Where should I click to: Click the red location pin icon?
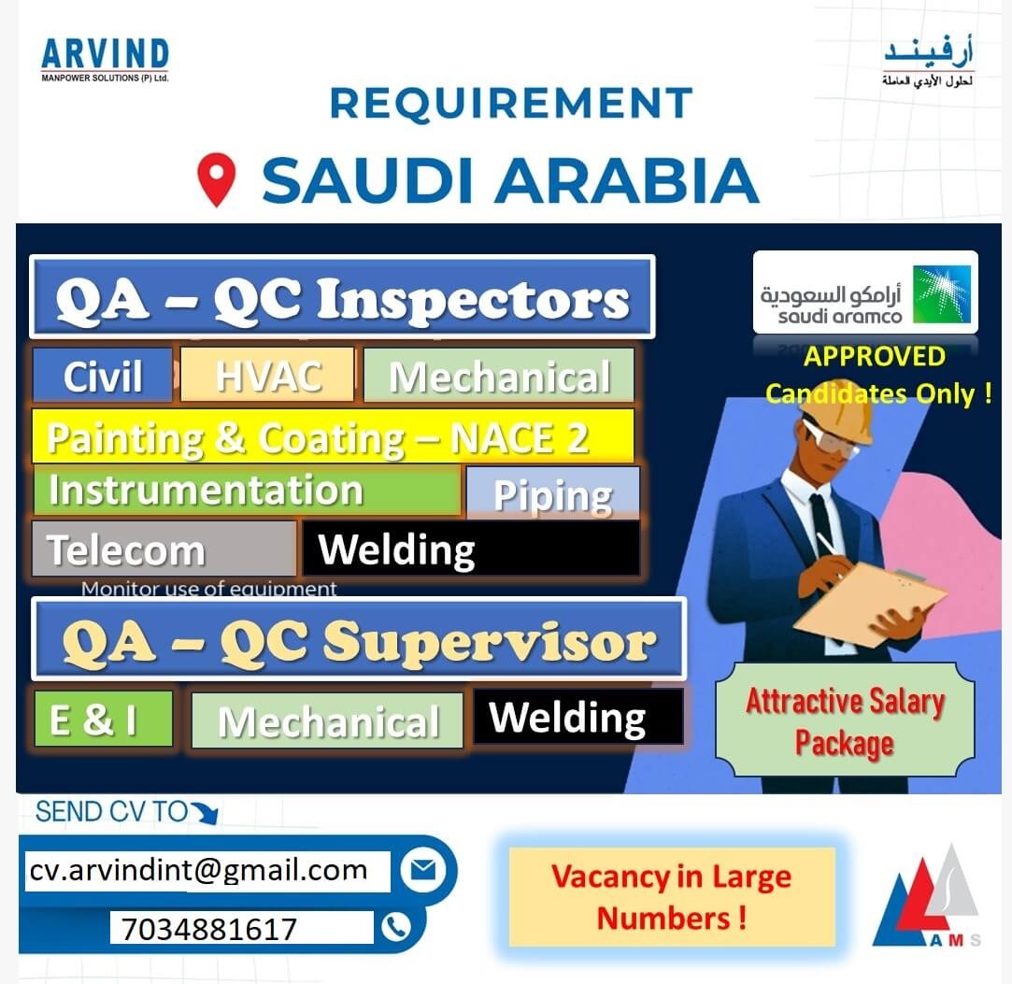(x=216, y=178)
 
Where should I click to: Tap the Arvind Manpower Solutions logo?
(x=105, y=60)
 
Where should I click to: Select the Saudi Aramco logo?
(x=865, y=292)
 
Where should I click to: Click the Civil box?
(x=102, y=375)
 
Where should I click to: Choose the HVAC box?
(x=267, y=375)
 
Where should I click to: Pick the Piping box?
(x=552, y=493)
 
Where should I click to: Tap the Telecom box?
(x=164, y=549)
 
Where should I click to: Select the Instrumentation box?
(x=247, y=491)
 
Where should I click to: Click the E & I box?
(x=104, y=719)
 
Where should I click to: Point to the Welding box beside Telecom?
(x=471, y=549)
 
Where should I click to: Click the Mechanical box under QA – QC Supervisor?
(x=327, y=720)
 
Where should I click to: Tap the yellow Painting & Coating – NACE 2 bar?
(x=333, y=436)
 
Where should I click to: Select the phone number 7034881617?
(x=241, y=929)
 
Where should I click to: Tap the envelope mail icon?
(x=422, y=870)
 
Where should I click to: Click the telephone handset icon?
(x=395, y=927)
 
